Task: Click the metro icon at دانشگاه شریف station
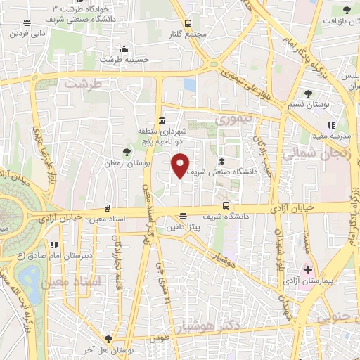pos(226,206)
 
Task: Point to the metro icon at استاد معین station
pos(106,208)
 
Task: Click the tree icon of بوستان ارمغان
pos(127,151)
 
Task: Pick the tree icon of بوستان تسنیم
pos(309,94)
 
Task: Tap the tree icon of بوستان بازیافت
pos(346,9)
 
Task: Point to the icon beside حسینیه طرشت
pos(124,49)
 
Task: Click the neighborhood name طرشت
pos(84,84)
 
